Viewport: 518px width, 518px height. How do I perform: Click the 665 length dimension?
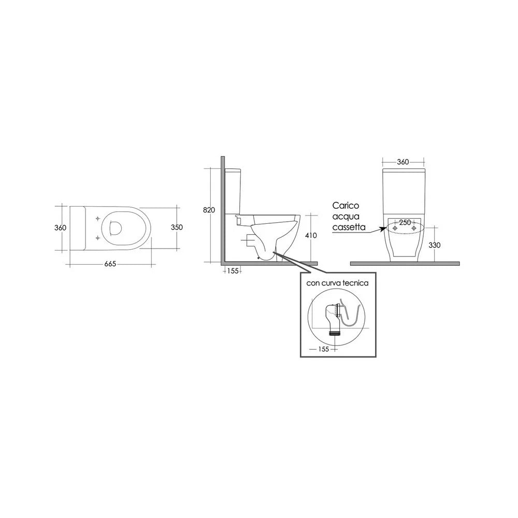tap(110, 264)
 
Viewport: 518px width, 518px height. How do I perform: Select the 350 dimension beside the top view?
tap(177, 227)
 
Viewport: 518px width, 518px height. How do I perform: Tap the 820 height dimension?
tap(209, 210)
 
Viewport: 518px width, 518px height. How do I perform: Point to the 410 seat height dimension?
tap(310, 236)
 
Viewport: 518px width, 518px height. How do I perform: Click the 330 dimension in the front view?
tap(435, 245)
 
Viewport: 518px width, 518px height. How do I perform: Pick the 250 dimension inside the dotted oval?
tap(405, 222)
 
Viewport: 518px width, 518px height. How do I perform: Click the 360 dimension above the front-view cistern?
tap(402, 162)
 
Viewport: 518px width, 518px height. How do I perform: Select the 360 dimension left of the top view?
tap(60, 227)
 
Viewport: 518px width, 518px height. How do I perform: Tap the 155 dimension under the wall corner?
tap(233, 271)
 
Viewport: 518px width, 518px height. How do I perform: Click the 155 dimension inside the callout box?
tap(323, 349)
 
